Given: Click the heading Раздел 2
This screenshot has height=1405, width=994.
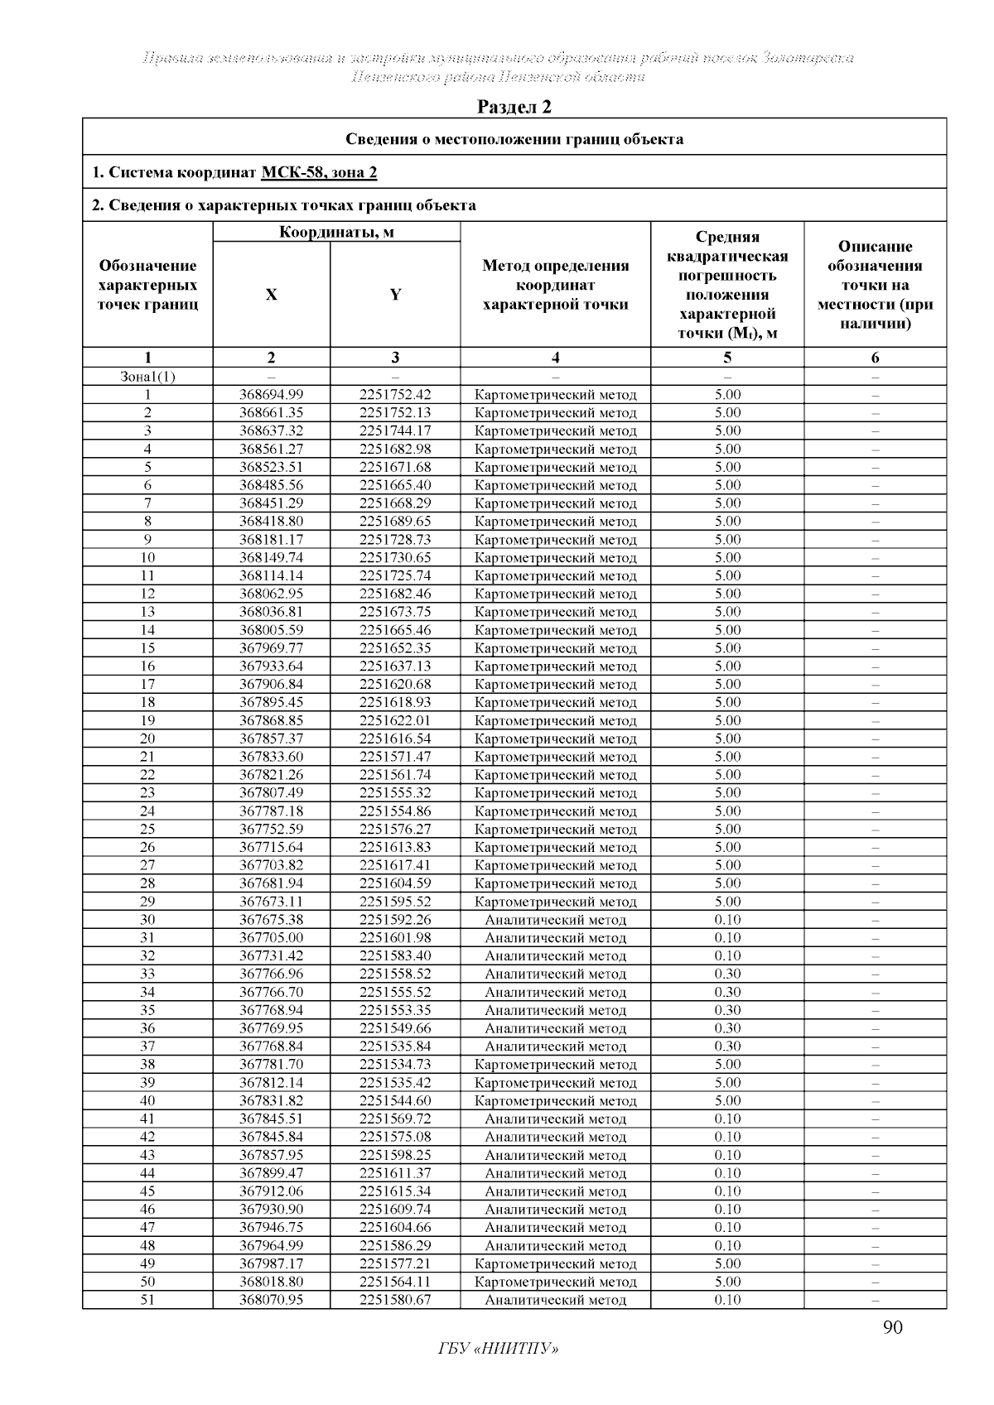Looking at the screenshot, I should click(514, 107).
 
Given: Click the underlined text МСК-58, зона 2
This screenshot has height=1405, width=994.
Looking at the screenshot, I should click(319, 172).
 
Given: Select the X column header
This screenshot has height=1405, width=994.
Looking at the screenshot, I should click(271, 295).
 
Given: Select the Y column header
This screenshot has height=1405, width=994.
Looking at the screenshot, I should click(395, 295).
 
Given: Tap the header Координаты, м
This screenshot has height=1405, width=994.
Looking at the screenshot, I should click(336, 232).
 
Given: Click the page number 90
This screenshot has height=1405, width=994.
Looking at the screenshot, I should click(892, 1328).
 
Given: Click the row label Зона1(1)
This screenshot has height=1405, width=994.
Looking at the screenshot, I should click(147, 377).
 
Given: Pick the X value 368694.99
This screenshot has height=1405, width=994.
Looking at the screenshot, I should click(271, 395).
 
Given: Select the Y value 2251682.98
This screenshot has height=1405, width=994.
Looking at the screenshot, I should click(395, 449).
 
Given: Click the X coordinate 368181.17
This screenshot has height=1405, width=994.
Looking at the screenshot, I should click(271, 540).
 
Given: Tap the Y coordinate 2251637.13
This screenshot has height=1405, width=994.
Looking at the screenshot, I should click(395, 666).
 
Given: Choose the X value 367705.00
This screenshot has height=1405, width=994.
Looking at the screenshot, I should click(271, 938).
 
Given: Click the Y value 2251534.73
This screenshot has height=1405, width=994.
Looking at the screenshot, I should click(395, 1065).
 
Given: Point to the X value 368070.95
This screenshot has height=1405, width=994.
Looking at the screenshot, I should click(271, 1300).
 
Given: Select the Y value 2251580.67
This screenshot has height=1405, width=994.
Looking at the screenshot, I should click(395, 1300).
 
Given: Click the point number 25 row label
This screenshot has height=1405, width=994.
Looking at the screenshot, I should click(147, 830).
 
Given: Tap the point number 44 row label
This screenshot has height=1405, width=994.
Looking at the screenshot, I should click(147, 1173).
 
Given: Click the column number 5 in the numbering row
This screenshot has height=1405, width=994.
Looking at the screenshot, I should click(727, 358).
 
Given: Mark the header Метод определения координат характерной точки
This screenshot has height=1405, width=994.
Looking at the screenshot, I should click(555, 285).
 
